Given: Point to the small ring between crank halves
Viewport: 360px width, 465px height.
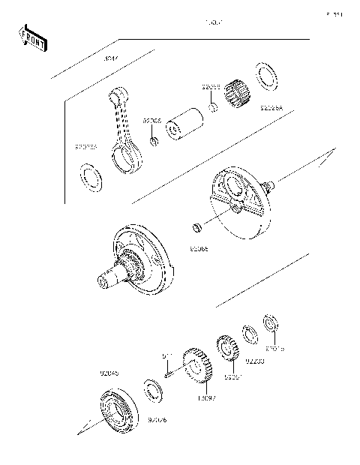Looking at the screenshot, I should point(198,227).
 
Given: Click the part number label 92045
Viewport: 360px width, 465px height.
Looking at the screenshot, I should point(109,371).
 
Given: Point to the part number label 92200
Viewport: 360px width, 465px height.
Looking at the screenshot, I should point(255,361).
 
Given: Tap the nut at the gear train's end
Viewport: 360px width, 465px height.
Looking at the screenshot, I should point(271,325).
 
